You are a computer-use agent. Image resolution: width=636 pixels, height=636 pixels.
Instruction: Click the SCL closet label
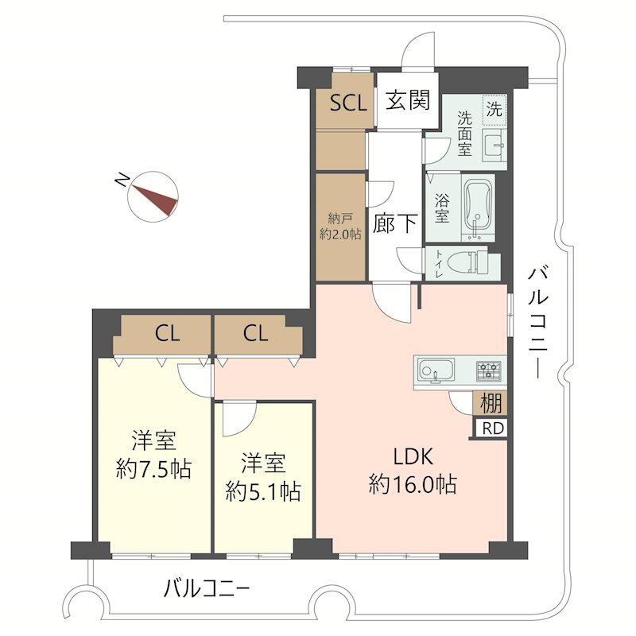coord(348,103)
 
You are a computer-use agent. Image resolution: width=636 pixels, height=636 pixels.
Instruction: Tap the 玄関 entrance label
coord(408,100)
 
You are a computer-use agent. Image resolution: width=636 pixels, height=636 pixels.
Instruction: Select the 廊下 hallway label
coord(395,223)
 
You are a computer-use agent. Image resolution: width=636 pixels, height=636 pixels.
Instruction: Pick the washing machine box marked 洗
coord(494,110)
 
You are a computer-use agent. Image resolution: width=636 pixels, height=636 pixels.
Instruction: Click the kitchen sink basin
coord(435,370)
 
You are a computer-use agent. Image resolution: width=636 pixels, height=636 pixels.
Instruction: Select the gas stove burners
coord(489,370)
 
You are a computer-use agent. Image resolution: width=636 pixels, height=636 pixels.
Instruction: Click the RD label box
coord(492,429)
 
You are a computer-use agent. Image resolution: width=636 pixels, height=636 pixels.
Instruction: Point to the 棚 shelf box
coord(491,403)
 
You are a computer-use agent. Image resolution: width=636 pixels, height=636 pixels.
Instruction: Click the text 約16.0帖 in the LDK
coord(413,484)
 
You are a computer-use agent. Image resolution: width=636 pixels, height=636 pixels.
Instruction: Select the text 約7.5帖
coord(153,469)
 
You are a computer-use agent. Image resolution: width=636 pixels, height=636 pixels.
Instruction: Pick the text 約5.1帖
coord(263,491)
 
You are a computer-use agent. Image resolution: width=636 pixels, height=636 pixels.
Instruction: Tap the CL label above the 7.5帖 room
coord(167,334)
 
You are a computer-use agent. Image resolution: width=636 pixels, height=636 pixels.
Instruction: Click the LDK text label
coord(414,456)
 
